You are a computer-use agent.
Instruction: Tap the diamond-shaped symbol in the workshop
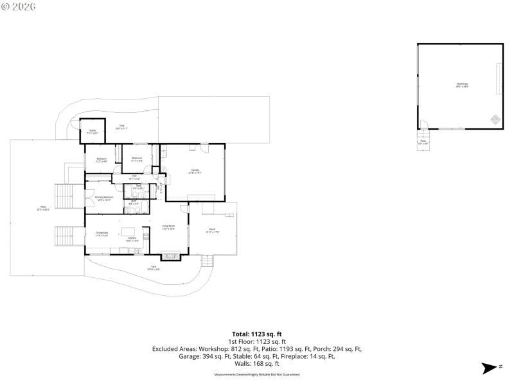[x=495, y=118]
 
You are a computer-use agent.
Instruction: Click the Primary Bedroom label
[x=104, y=198]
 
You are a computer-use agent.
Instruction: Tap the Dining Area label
[x=102, y=234]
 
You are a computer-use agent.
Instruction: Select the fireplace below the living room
[x=171, y=256]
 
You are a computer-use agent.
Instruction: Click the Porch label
[x=213, y=230]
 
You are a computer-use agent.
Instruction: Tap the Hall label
[x=134, y=176]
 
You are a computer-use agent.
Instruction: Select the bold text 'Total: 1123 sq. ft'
[x=257, y=334]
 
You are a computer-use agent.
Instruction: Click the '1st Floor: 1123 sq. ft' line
[x=257, y=342]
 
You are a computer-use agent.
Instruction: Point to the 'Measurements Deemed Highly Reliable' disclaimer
[x=257, y=374]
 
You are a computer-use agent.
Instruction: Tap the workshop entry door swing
[x=423, y=124]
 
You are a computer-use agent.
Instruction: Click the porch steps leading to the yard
[x=207, y=261]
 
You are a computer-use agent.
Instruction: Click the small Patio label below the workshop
[x=423, y=142]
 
